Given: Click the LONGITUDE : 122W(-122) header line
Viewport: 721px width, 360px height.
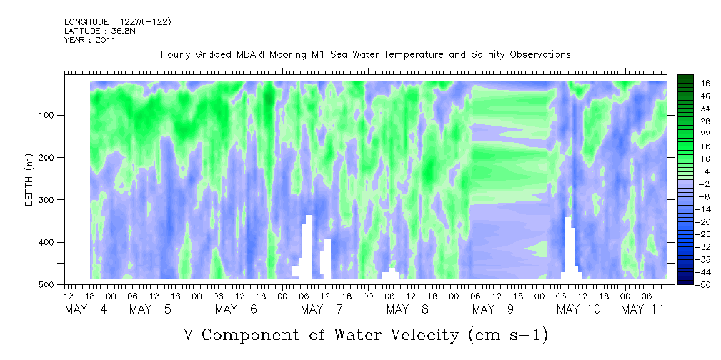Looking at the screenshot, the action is pyautogui.click(x=118, y=21).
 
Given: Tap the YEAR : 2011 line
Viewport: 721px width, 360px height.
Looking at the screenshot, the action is pyautogui.click(x=89, y=40).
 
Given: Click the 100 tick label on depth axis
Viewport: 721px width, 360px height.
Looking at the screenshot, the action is pyautogui.click(x=49, y=115).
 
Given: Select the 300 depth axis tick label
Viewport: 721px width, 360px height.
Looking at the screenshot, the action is pyautogui.click(x=49, y=199).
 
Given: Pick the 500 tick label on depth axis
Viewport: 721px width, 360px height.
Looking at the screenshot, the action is pyautogui.click(x=49, y=284).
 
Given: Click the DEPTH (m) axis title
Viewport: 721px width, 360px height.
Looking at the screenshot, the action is pyautogui.click(x=29, y=179).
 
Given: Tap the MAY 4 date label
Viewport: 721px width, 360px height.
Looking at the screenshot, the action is pyautogui.click(x=86, y=309).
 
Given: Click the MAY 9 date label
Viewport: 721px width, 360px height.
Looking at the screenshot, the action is pyautogui.click(x=493, y=309).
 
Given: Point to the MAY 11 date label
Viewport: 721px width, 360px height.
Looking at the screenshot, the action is pyautogui.click(x=642, y=309).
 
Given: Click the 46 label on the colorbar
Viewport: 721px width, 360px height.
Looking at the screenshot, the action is pyautogui.click(x=693, y=84).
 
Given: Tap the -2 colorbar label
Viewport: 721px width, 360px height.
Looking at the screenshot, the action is pyautogui.click(x=692, y=184).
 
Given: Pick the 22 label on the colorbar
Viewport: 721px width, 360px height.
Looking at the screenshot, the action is pyautogui.click(x=693, y=136).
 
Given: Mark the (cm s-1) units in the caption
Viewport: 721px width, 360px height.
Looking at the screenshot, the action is pyautogui.click(x=508, y=335).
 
